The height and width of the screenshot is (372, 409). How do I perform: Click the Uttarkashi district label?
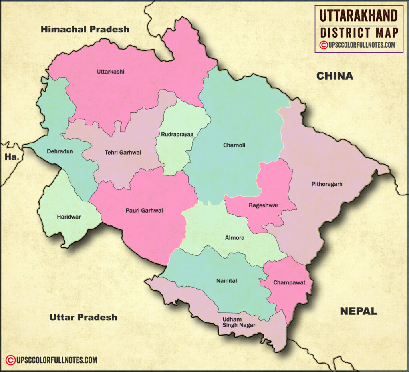coord(111,72)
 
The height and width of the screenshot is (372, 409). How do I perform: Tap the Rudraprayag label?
coord(177,135)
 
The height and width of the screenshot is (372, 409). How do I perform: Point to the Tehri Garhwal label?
coord(123,153)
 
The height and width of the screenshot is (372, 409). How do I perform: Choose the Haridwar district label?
coord(69,217)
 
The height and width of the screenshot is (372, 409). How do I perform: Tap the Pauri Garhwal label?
coord(144,210)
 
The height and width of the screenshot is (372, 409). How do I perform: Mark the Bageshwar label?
coord(263,205)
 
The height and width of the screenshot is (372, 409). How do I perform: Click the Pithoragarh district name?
coord(327,184)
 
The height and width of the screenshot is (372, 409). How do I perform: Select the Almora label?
coord(235,238)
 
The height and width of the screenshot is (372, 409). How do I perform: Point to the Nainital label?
coord(226,281)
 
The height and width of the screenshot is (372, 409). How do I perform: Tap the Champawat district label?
coord(289,283)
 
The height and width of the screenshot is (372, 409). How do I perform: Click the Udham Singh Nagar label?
coord(238,322)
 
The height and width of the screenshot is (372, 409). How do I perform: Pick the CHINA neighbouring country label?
coord(335,76)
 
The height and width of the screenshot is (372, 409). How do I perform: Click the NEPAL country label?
coord(358,311)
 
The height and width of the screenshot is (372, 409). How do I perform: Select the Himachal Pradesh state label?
coord(85,29)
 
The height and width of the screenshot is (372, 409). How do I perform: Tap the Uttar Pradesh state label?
coord(83,317)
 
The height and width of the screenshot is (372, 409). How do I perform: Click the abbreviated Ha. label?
coord(12,157)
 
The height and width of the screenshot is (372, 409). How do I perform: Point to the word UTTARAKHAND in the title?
coord(359,16)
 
